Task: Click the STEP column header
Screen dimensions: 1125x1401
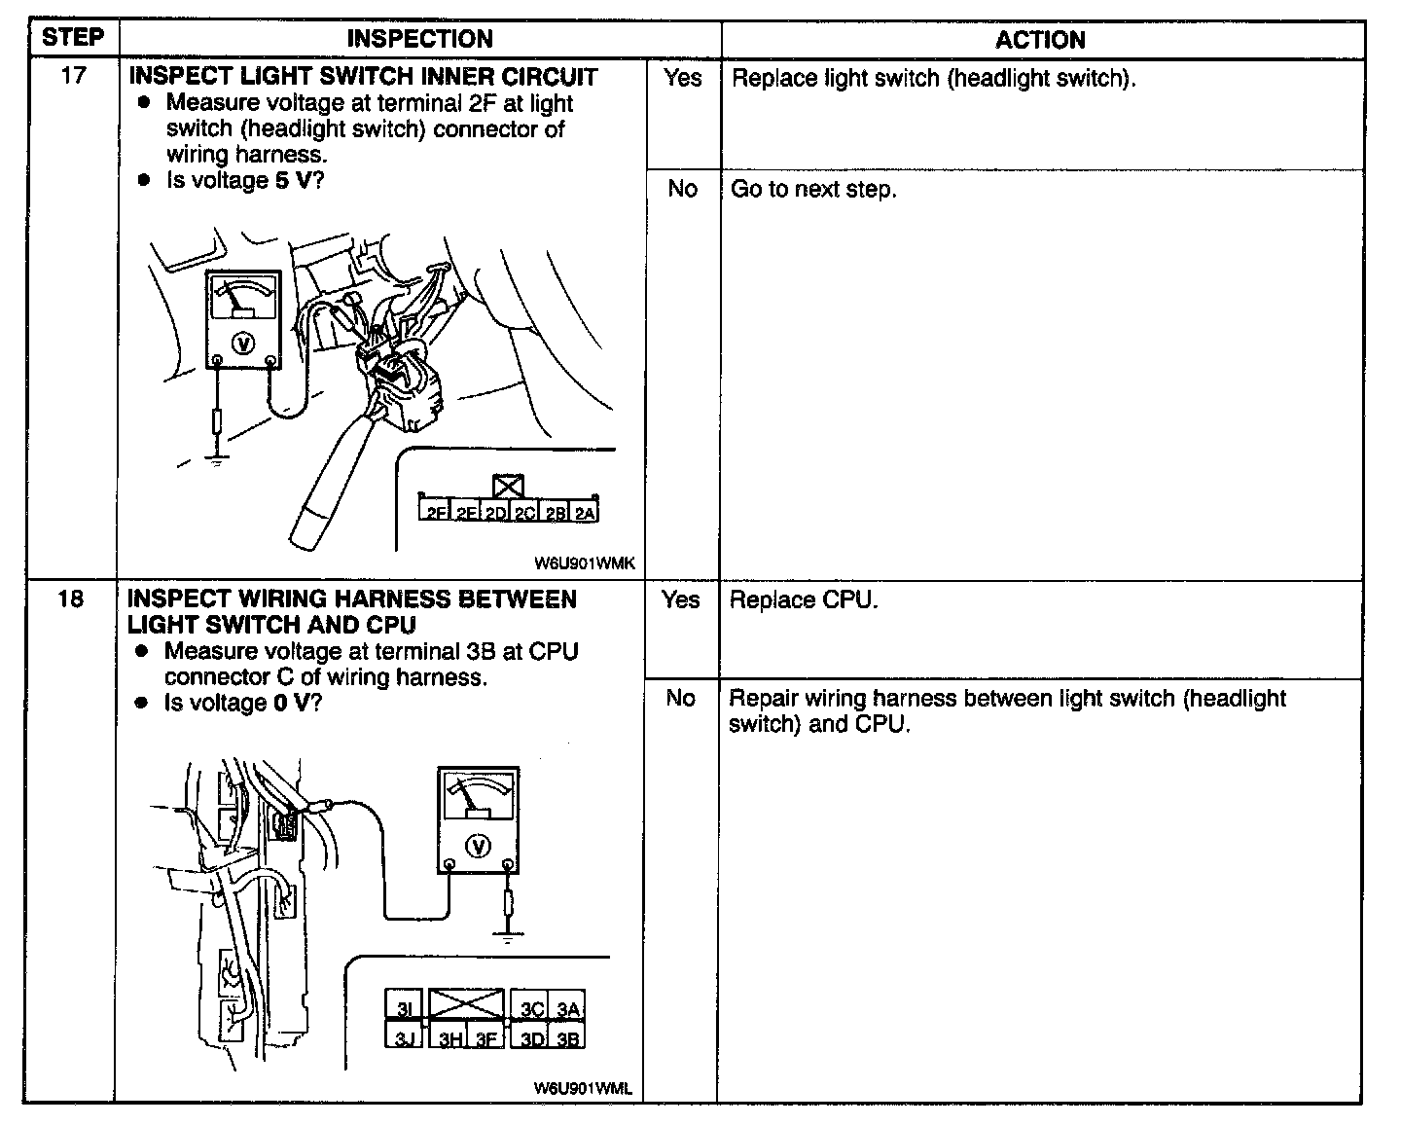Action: pyautogui.click(x=73, y=38)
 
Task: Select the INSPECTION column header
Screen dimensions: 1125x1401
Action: pyautogui.click(x=419, y=39)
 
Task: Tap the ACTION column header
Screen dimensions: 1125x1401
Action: pyautogui.click(x=1039, y=40)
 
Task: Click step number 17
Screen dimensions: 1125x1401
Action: pyautogui.click(x=73, y=76)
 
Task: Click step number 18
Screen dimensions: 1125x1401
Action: pyautogui.click(x=70, y=599)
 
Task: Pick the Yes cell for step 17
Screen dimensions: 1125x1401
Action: pyautogui.click(x=682, y=78)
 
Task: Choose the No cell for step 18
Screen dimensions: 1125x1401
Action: pyautogui.click(x=680, y=698)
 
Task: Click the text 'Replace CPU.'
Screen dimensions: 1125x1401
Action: pyautogui.click(x=803, y=599)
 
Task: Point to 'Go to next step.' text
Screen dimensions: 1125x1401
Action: pyautogui.click(x=812, y=189)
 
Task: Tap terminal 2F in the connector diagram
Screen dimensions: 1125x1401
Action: pyautogui.click(x=435, y=512)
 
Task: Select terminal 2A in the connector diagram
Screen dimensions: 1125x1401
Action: pyautogui.click(x=584, y=512)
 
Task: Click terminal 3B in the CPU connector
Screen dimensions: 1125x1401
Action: pyautogui.click(x=568, y=1038)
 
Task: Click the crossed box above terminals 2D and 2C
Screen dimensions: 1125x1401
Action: pyautogui.click(x=508, y=486)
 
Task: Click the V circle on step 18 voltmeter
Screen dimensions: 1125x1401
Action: pyautogui.click(x=477, y=846)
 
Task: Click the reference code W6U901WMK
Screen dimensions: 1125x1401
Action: pyautogui.click(x=584, y=562)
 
